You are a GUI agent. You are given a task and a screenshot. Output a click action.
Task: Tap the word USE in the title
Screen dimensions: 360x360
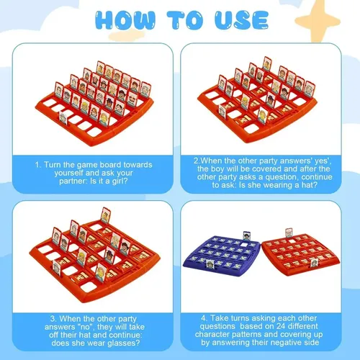pyautogui.click(x=241, y=20)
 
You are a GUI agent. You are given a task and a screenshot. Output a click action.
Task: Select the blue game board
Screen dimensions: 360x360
pyautogui.click(x=221, y=255)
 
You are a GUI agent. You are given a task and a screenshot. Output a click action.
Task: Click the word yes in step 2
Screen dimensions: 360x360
pyautogui.click(x=320, y=161)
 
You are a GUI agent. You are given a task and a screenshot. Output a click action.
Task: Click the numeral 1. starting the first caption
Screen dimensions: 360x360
pyautogui.click(x=38, y=165)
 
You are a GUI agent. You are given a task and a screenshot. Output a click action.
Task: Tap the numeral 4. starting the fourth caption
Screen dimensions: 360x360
pyautogui.click(x=204, y=318)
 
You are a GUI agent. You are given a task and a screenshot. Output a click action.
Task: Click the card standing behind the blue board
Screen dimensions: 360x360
pyautogui.click(x=247, y=236)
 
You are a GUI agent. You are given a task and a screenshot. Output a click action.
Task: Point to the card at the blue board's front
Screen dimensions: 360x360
pyautogui.click(x=210, y=264)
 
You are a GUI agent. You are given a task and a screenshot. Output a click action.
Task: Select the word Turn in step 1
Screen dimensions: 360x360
pyautogui.click(x=52, y=165)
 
